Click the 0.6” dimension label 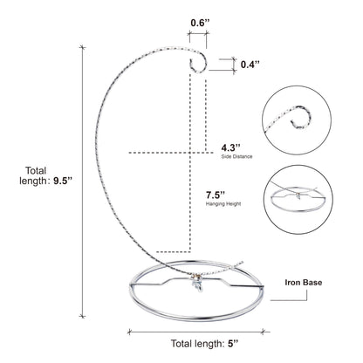[200, 23]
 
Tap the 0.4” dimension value [250, 65]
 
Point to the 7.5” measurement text [216, 195]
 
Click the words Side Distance [236, 156]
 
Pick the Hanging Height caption [223, 204]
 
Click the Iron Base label [304, 282]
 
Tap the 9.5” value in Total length [62, 181]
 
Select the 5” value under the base [233, 344]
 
